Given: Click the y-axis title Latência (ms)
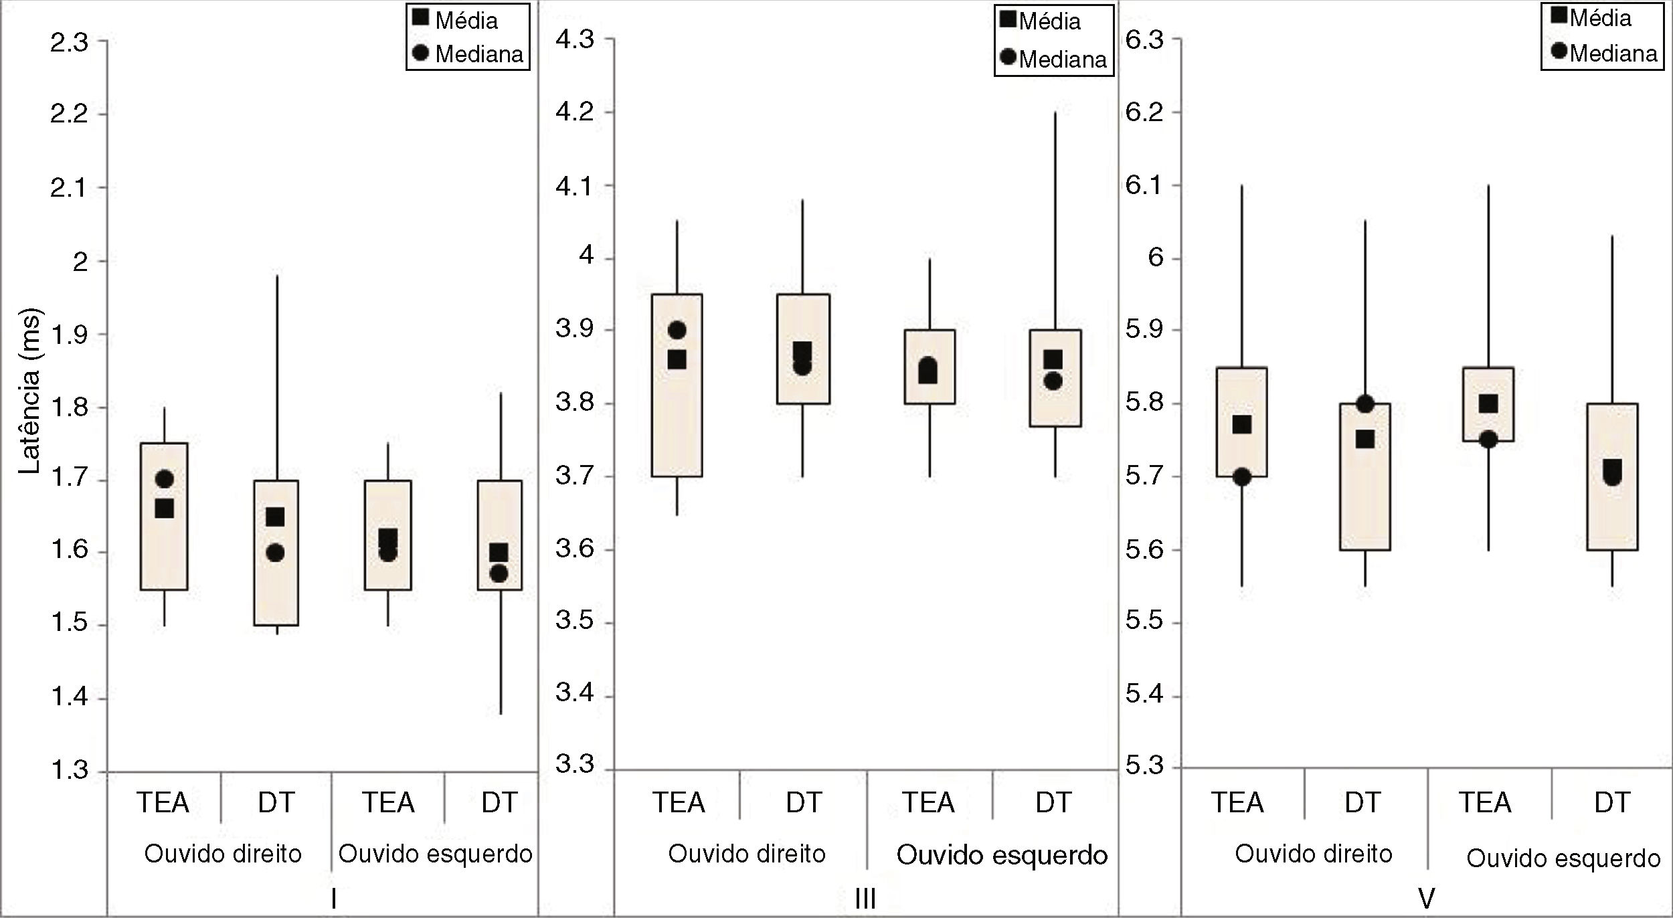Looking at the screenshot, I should (29, 391).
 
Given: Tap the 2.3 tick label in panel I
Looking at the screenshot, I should (69, 43).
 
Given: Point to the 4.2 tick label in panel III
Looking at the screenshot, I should (575, 111).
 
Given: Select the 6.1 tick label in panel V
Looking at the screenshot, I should (1144, 185).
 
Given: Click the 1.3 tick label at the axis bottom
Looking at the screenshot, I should (69, 770).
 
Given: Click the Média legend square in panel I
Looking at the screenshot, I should (420, 17).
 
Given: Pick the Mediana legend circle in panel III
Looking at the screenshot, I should (1008, 57).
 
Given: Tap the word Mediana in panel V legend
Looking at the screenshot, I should (1613, 53).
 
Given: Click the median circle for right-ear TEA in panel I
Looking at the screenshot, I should (164, 479).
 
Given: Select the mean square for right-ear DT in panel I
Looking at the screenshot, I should (275, 517).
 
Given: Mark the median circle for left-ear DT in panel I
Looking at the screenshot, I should (499, 573).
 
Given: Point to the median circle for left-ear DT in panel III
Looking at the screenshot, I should (1053, 381).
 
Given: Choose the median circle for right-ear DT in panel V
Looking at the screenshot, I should (1365, 404).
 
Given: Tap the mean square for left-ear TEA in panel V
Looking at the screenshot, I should (1488, 403).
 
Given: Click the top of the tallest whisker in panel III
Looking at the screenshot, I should (1055, 113).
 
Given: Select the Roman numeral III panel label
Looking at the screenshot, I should (865, 899).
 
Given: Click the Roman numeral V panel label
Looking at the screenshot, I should (1425, 899).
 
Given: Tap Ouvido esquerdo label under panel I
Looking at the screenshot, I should (435, 854).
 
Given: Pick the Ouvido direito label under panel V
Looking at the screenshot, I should (1313, 854).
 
